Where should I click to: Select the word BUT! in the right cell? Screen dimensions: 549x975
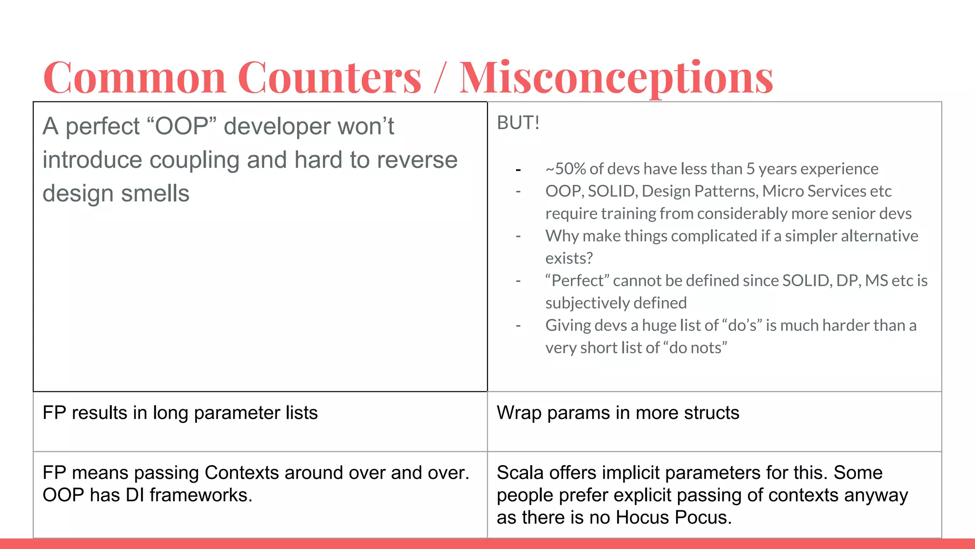point(518,123)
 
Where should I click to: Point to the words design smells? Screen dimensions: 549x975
point(116,193)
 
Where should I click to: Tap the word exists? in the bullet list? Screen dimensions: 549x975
point(569,258)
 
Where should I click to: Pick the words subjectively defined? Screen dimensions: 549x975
point(616,303)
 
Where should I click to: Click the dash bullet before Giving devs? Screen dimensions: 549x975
point(518,326)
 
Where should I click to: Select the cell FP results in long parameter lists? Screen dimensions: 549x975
point(180,413)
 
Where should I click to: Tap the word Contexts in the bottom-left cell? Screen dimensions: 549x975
point(242,473)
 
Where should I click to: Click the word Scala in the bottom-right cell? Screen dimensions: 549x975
point(520,473)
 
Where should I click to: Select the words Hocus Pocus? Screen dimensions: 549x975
point(673,518)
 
